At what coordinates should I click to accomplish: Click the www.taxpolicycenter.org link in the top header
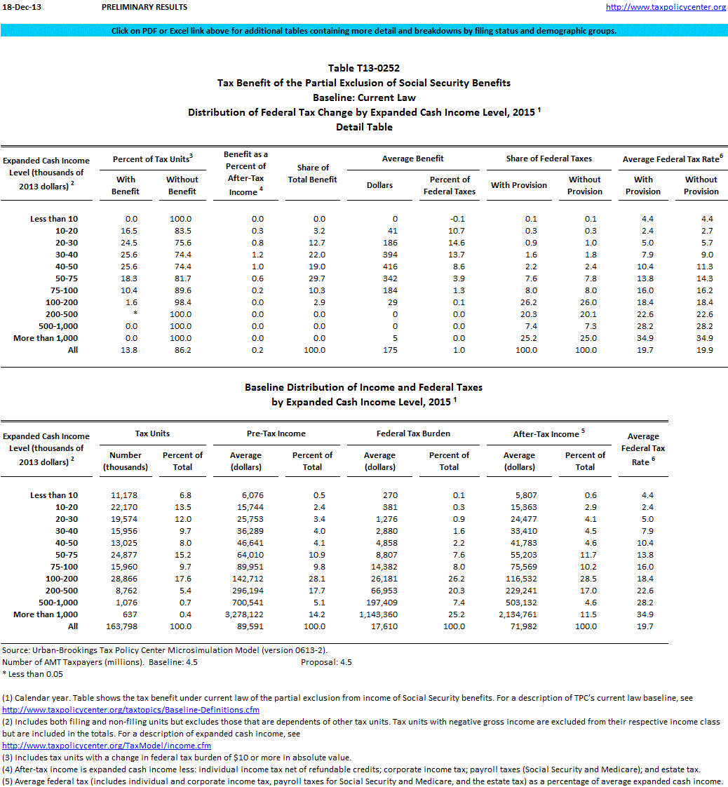666,7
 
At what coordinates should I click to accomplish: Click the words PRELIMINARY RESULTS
144,7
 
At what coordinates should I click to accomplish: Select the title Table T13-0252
363,68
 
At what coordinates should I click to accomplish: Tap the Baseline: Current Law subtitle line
363,97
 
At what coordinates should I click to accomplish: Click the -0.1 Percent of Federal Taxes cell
457,219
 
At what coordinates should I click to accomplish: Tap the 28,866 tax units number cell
127,579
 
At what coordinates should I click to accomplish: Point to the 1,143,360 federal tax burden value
379,614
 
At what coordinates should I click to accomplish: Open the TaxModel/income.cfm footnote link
107,746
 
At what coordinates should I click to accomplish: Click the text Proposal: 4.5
326,662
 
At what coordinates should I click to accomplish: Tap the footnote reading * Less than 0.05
32,674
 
